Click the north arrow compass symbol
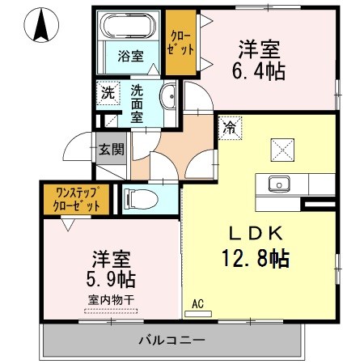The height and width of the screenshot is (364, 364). [x=41, y=25]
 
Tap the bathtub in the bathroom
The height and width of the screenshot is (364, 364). [x=128, y=25]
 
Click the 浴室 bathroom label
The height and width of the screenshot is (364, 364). [x=130, y=56]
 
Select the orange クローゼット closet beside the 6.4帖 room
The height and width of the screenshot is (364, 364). [x=180, y=42]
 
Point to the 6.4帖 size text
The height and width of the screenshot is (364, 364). [x=259, y=71]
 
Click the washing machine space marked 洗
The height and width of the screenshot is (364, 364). [x=108, y=93]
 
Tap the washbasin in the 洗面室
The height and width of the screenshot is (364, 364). [x=168, y=95]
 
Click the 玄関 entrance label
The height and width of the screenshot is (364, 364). [x=111, y=149]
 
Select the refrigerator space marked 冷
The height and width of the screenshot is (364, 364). [x=230, y=128]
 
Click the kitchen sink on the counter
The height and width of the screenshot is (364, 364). [x=279, y=184]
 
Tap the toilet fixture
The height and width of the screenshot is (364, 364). [x=141, y=200]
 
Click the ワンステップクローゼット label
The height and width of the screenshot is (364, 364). [x=77, y=200]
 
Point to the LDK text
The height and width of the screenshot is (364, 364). [x=256, y=233]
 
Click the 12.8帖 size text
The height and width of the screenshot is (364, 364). [x=256, y=258]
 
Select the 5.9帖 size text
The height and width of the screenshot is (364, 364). [x=111, y=279]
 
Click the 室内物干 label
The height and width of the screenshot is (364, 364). [x=111, y=300]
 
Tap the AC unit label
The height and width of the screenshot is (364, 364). [x=197, y=304]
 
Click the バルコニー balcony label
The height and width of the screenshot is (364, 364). [x=172, y=340]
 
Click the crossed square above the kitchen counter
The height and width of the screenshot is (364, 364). [x=282, y=150]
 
